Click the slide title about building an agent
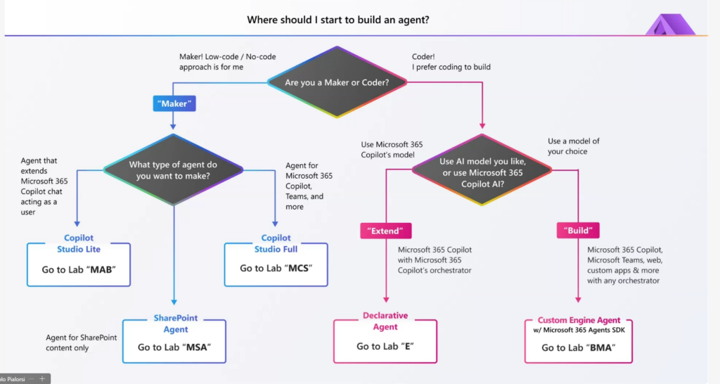[x=338, y=20]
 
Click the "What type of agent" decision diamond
[x=173, y=170]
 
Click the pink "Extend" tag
[x=385, y=230]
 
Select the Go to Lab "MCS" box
[x=276, y=268]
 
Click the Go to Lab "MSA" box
[x=174, y=347]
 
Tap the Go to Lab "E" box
[x=385, y=346]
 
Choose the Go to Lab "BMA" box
[x=578, y=347]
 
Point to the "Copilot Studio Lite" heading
[x=79, y=243]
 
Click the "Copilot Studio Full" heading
[x=276, y=243]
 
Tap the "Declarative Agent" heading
[x=385, y=321]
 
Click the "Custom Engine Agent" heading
[x=579, y=321]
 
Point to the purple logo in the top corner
[x=670, y=25]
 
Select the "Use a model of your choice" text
[x=574, y=146]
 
